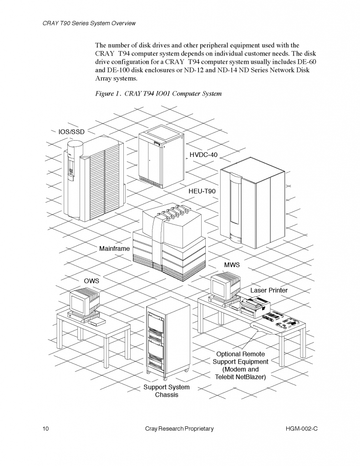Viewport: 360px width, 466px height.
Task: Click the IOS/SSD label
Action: click(71, 132)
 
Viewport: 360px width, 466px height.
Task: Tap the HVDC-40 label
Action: click(203, 155)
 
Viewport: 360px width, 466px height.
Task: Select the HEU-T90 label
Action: click(202, 191)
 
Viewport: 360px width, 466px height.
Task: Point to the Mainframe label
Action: click(114, 248)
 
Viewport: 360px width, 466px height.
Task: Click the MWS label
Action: click(231, 265)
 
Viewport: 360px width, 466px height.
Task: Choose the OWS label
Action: click(91, 281)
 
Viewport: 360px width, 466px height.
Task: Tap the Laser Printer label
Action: click(269, 290)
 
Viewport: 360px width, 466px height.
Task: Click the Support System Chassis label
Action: click(167, 391)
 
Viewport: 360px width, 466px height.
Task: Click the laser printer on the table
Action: click(255, 308)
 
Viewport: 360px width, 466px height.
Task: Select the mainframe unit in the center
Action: click(168, 241)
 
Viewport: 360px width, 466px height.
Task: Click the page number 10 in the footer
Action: click(45, 429)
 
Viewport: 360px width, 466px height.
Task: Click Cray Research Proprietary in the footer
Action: click(179, 429)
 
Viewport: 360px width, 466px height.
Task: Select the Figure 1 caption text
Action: click(158, 94)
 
